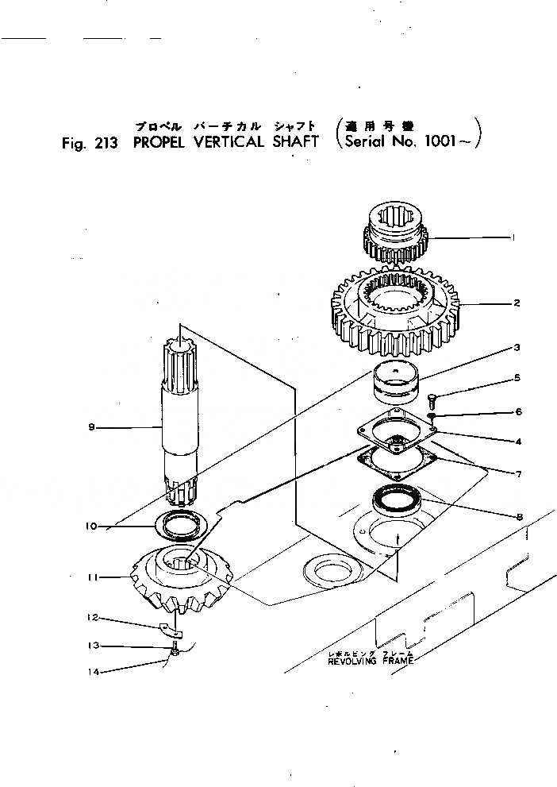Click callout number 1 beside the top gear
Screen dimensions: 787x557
[x=514, y=237]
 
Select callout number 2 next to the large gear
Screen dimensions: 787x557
[x=517, y=303]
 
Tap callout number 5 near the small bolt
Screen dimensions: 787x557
[x=517, y=377]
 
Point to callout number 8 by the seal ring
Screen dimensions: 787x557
[x=519, y=516]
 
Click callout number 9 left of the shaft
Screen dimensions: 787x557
[x=92, y=426]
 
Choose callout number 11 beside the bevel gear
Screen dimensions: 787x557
[x=94, y=577]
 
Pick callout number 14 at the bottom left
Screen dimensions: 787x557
[x=94, y=671]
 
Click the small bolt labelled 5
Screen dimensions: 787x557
[x=433, y=396]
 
